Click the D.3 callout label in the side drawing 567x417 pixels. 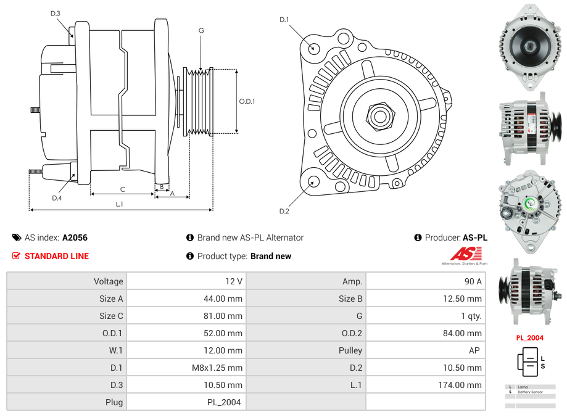(56, 13)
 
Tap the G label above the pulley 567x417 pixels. (201, 30)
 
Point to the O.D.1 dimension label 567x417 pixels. (247, 101)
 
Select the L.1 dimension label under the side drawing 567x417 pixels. (120, 204)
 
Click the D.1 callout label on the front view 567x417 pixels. (284, 20)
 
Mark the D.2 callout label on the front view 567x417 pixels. (284, 212)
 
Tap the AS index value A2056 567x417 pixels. (75, 237)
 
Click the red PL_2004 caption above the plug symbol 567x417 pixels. (529, 338)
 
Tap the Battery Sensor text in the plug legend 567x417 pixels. (531, 392)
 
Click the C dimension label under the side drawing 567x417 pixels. (122, 189)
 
